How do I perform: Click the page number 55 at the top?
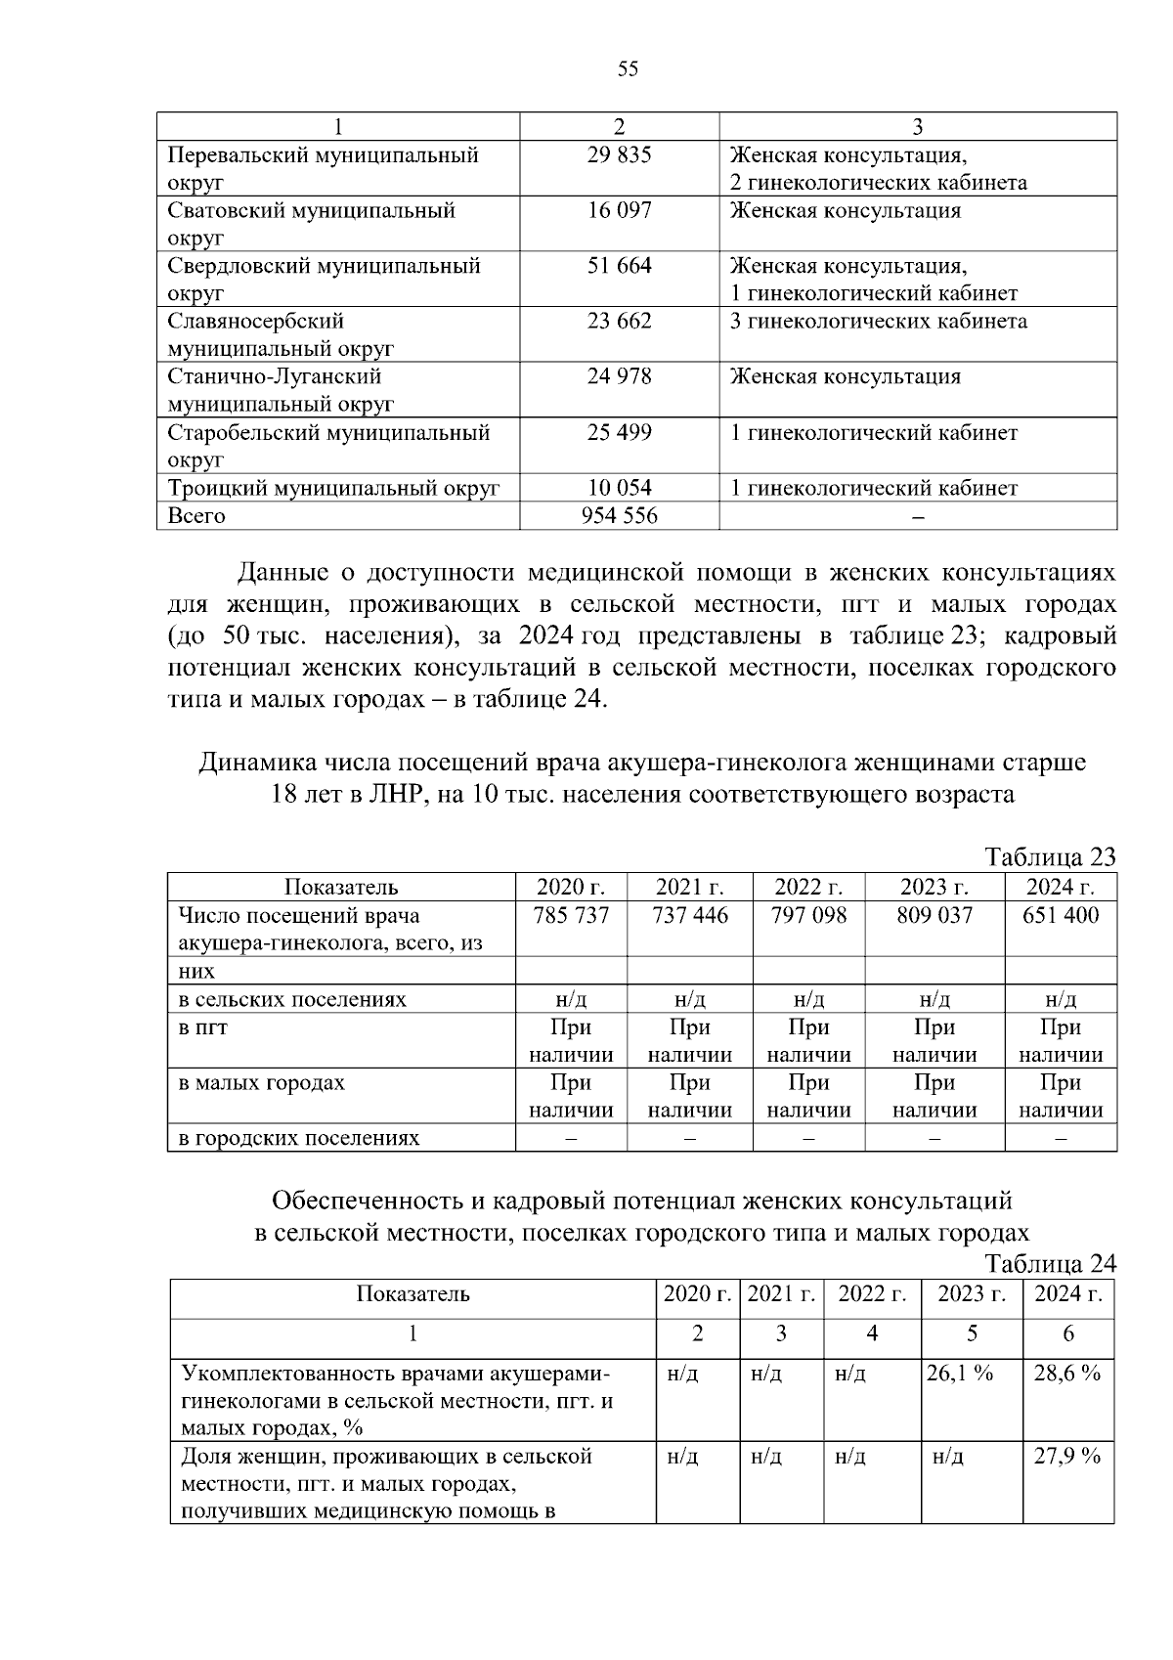[628, 68]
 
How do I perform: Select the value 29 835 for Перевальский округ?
[619, 155]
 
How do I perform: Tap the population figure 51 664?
[619, 266]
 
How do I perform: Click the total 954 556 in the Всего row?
[619, 515]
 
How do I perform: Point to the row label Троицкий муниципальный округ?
[333, 488]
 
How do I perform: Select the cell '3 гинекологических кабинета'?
[878, 322]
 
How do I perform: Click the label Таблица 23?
[1051, 857]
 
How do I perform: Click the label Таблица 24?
[1051, 1264]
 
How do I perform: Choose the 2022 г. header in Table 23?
[808, 888]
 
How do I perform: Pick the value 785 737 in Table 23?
[571, 916]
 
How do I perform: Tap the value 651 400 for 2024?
[1061, 916]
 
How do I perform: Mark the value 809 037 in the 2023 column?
[934, 916]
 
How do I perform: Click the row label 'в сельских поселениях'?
[292, 1000]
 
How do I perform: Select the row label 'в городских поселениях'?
[298, 1139]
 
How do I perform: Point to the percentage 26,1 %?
[960, 1374]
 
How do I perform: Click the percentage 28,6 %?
[1067, 1374]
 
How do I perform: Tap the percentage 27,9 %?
[1067, 1457]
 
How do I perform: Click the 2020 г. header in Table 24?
[697, 1294]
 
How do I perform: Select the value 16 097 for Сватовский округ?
[619, 211]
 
